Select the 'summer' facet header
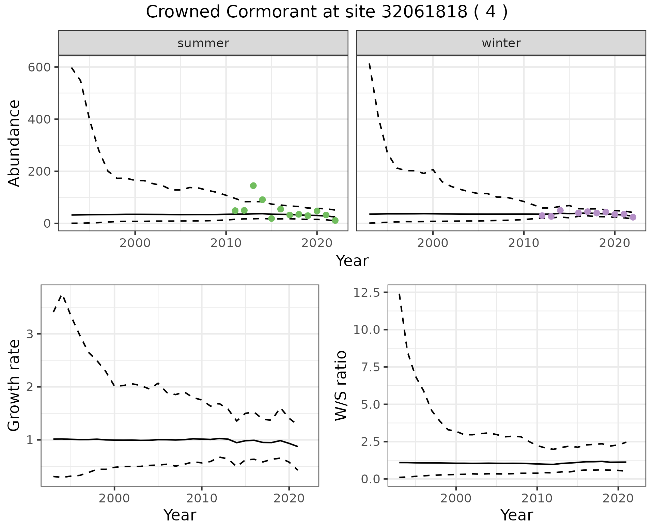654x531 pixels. point(203,43)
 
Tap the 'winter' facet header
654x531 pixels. point(501,43)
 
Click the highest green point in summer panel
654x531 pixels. point(253,186)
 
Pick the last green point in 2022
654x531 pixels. point(335,221)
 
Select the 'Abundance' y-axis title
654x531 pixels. point(14,143)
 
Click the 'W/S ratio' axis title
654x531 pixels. point(341,385)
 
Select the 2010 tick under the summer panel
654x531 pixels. point(226,243)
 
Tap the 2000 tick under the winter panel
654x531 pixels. point(433,243)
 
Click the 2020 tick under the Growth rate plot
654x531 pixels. point(289,499)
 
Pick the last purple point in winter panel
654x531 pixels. point(633,217)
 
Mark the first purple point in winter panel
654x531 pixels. point(542,216)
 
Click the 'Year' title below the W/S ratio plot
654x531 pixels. point(516,515)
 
